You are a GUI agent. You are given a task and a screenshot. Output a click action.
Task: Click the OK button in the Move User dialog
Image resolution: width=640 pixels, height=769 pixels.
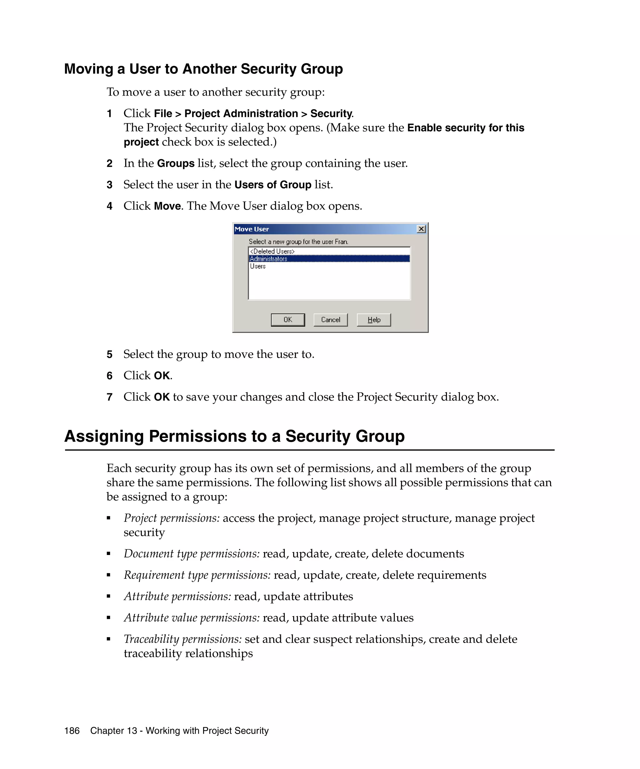[x=287, y=320]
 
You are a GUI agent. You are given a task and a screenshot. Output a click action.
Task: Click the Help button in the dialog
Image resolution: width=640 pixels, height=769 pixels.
[x=373, y=320]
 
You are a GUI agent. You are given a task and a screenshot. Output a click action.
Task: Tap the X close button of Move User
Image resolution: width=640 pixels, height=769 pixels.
[x=421, y=229]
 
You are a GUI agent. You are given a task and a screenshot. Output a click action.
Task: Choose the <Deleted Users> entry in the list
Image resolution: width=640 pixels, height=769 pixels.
[x=272, y=251]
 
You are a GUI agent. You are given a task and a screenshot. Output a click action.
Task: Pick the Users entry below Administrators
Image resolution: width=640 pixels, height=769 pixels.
[x=258, y=267]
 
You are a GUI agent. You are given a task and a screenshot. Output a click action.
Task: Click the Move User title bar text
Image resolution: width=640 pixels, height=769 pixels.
[x=252, y=229]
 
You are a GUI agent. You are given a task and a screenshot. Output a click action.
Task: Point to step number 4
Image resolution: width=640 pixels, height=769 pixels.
[x=109, y=206]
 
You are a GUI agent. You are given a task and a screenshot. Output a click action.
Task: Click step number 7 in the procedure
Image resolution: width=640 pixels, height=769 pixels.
[x=109, y=397]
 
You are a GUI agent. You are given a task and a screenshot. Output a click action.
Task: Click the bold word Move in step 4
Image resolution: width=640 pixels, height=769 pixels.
[x=167, y=206]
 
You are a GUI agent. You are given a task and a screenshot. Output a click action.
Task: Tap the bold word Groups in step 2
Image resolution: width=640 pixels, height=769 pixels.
[x=176, y=163]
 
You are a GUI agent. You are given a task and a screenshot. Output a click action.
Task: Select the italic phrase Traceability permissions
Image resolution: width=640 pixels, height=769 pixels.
[x=182, y=639]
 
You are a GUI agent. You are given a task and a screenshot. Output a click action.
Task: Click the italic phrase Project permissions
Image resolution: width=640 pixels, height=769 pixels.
[x=172, y=518]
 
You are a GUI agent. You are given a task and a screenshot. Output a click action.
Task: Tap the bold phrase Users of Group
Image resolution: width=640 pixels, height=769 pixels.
[x=272, y=185]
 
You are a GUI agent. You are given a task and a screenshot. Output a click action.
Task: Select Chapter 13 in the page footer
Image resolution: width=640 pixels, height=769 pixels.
[x=113, y=731]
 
